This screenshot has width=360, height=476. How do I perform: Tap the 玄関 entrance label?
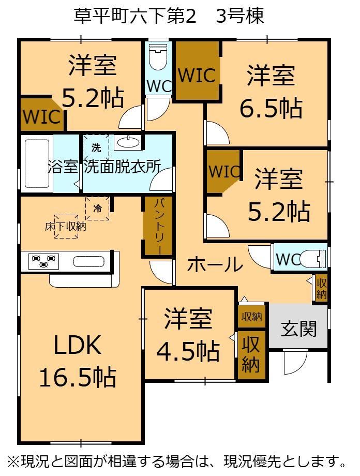299,329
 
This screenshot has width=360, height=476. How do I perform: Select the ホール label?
215,265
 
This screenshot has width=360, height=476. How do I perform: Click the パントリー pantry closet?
158,226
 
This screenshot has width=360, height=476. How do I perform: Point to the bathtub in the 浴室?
38,165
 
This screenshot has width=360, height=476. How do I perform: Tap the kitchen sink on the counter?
89,261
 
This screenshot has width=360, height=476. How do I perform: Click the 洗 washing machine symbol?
96,147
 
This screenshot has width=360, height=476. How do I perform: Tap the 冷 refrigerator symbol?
98,209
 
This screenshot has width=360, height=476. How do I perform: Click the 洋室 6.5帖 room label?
271,91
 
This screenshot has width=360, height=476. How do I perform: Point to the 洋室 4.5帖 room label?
188,335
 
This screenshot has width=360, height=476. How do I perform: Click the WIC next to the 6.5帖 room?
197,76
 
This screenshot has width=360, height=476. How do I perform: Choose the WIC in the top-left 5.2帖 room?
42,116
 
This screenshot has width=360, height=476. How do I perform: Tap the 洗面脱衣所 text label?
123,167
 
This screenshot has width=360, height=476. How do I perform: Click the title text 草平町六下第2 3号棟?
169,16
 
